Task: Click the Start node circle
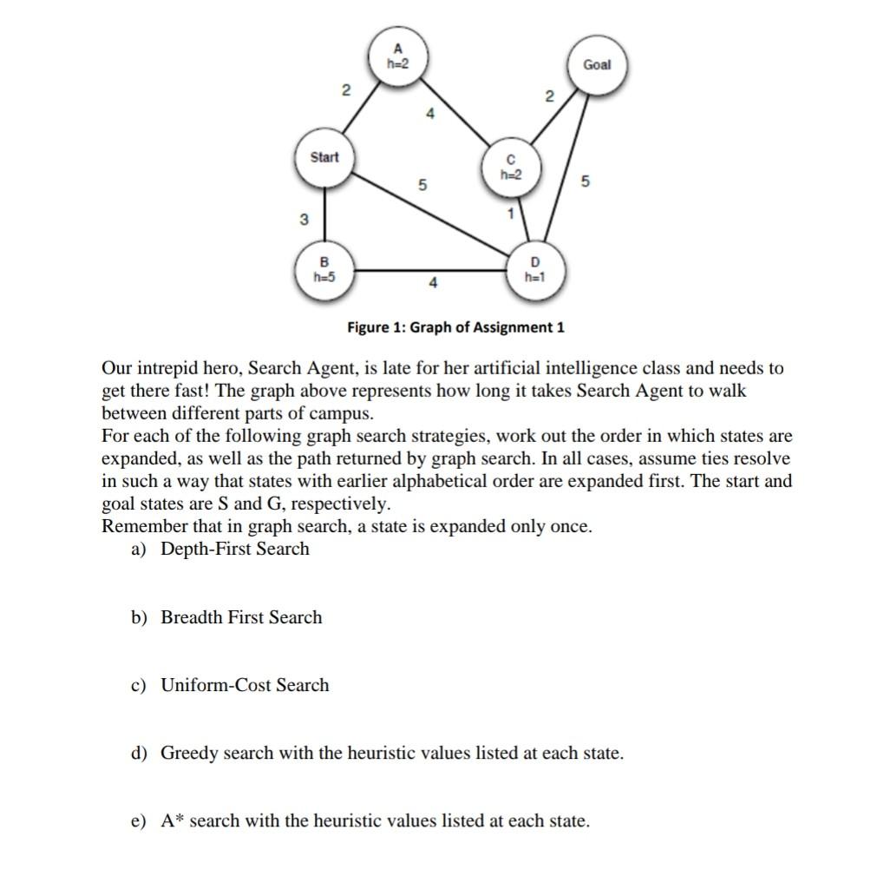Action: pos(324,158)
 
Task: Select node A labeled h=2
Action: pos(398,56)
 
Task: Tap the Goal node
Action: pos(596,65)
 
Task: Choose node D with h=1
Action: pos(534,270)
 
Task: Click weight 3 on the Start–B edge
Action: pos(304,220)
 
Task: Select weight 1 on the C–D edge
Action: pos(512,213)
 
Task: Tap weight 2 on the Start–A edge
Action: pos(346,91)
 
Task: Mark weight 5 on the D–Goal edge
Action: pos(586,182)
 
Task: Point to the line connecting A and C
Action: pos(455,112)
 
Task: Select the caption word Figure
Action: pos(371,327)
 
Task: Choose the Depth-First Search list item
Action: pos(234,549)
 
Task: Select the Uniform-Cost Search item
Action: pos(245,685)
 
